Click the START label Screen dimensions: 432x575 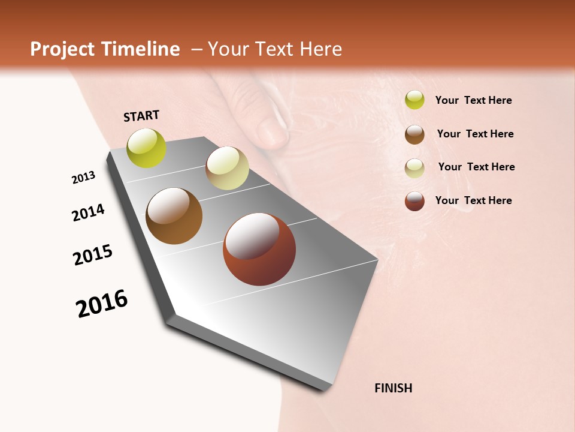click(x=141, y=116)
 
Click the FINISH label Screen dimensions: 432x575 click(x=393, y=388)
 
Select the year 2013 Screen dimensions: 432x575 click(x=83, y=178)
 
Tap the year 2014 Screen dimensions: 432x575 click(x=88, y=212)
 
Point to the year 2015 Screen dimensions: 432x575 click(x=93, y=254)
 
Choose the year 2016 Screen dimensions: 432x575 click(x=102, y=303)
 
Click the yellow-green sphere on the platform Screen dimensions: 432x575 click(x=146, y=148)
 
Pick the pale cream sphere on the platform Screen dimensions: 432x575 click(x=227, y=168)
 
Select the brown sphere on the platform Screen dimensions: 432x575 click(x=174, y=216)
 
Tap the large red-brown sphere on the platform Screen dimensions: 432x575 click(x=259, y=249)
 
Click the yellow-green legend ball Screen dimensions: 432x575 click(x=414, y=100)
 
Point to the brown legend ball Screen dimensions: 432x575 click(x=414, y=134)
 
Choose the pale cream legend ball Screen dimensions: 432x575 click(x=414, y=168)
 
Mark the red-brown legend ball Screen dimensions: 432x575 click(x=414, y=201)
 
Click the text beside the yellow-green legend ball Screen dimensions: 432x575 click(x=473, y=100)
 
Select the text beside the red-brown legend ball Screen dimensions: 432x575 click(x=473, y=200)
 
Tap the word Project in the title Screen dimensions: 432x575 click(x=62, y=49)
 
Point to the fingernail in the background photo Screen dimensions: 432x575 click(x=273, y=132)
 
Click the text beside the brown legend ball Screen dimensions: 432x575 click(x=475, y=134)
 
